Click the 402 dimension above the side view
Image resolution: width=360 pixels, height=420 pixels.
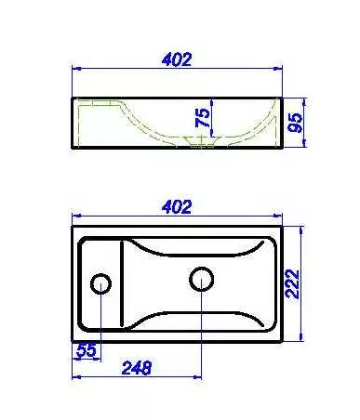[177, 59]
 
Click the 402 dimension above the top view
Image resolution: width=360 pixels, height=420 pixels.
[177, 206]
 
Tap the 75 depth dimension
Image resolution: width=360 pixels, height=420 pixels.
[203, 118]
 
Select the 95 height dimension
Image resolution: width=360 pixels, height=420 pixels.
[295, 123]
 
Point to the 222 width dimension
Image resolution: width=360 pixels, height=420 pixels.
[292, 284]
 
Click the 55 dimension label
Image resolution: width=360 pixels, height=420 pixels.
[87, 350]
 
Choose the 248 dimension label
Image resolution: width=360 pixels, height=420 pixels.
[137, 368]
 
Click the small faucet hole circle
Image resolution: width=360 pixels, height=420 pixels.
[100, 284]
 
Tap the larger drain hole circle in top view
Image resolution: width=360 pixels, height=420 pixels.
[202, 279]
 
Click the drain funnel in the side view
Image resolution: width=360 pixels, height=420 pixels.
[202, 141]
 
